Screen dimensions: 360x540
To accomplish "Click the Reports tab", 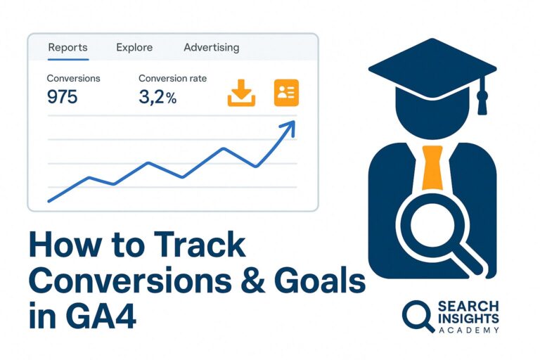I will (x=67, y=48).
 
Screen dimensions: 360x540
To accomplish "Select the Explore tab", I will (x=134, y=48).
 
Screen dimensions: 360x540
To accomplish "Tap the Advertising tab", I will (x=211, y=48).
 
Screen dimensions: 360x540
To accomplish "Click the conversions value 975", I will (x=62, y=97).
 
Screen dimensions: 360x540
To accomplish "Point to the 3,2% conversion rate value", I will (x=157, y=97).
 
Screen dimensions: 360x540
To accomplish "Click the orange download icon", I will (x=241, y=93).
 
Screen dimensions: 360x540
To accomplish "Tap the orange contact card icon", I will (x=285, y=93).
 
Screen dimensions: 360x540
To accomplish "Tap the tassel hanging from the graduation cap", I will (x=482, y=98).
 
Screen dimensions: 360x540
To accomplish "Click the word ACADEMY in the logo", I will (x=468, y=330).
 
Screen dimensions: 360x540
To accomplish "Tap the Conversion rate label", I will (x=172, y=79).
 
